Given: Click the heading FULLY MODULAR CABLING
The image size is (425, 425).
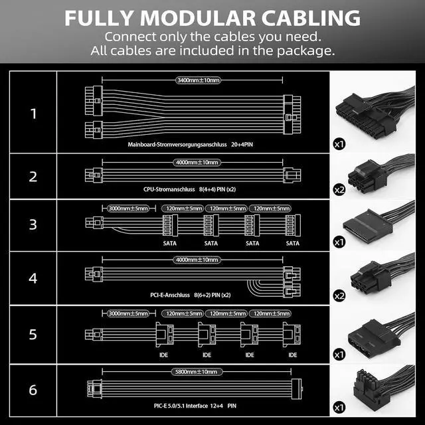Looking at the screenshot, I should (x=212, y=18).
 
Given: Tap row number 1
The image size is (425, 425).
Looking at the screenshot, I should (x=34, y=114).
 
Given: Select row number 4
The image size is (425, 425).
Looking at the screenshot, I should (x=34, y=278).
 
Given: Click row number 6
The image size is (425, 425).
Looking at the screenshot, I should (x=34, y=388).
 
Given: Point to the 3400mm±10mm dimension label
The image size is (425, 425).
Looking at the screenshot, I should (x=198, y=80).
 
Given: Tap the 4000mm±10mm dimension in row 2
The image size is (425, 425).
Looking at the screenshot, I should (x=197, y=162).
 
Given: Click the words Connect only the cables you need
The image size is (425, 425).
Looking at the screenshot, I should (x=212, y=37).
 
